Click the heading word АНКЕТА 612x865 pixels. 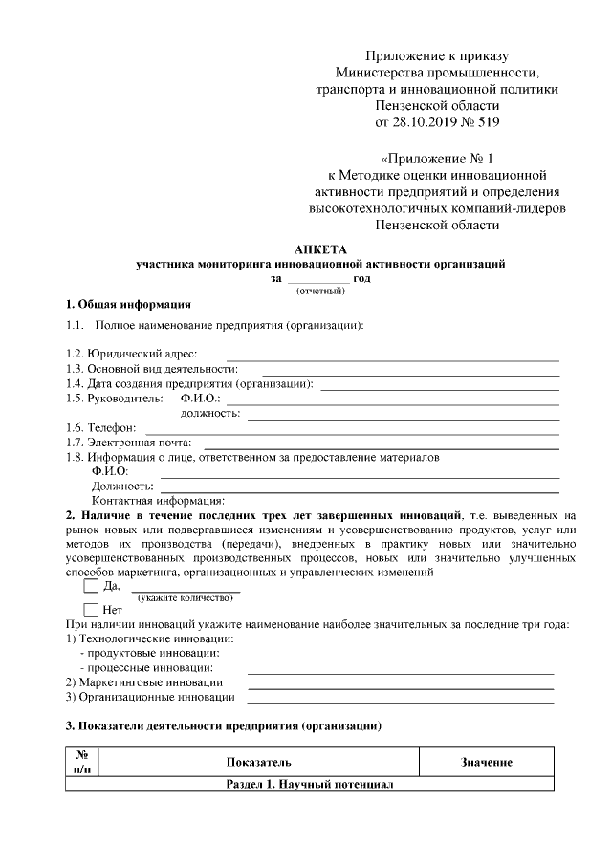(318, 249)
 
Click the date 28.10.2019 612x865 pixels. (422, 121)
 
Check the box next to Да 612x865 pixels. (92, 587)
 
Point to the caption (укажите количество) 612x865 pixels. (186, 597)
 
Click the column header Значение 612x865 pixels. (487, 762)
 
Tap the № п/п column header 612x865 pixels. (81, 762)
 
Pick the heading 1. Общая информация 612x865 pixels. (128, 306)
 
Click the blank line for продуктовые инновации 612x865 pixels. (401, 659)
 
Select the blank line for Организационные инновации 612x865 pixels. (401, 702)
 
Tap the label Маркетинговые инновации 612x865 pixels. (144, 682)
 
